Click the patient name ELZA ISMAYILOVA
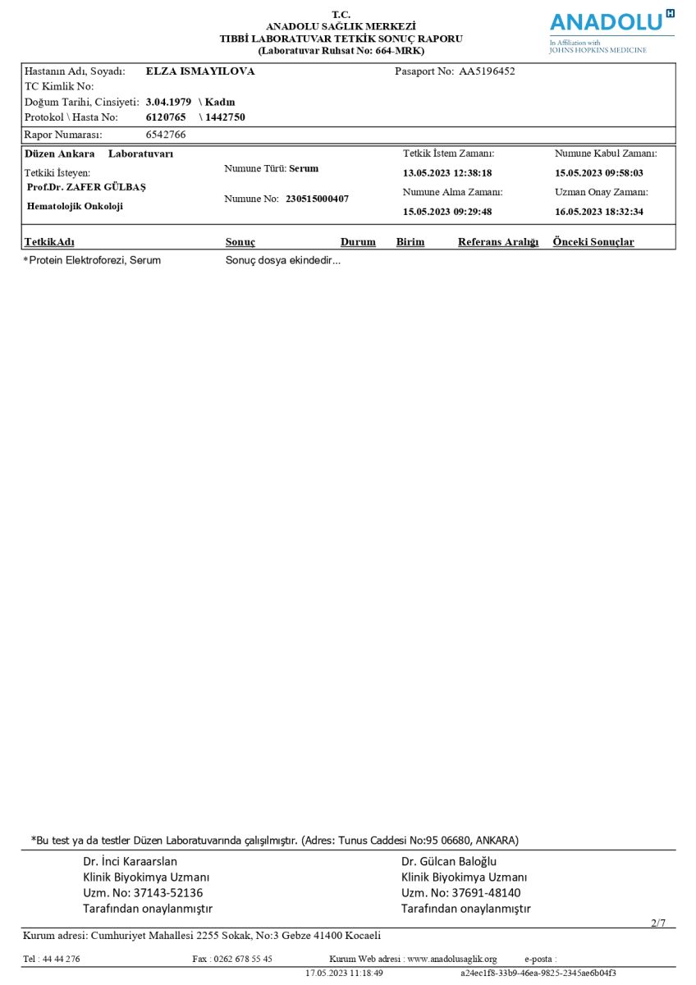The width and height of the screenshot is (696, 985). pyautogui.click(x=200, y=71)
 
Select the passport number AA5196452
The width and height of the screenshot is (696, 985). pyautogui.click(x=487, y=71)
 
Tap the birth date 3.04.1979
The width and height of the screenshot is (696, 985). pyautogui.click(x=168, y=102)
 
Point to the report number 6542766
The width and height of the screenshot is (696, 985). pyautogui.click(x=166, y=135)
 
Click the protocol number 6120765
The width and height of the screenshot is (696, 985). pyautogui.click(x=166, y=117)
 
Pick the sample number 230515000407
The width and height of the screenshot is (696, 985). pyautogui.click(x=317, y=199)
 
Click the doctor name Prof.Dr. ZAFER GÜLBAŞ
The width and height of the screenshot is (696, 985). pyautogui.click(x=86, y=187)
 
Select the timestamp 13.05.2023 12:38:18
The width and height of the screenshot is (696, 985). pyautogui.click(x=447, y=173)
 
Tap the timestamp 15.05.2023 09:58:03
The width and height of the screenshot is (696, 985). pyautogui.click(x=599, y=173)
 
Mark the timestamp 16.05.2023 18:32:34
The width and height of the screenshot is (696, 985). pyautogui.click(x=599, y=212)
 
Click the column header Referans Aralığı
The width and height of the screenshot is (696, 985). pyautogui.click(x=498, y=242)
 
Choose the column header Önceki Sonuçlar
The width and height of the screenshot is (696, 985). pyautogui.click(x=593, y=242)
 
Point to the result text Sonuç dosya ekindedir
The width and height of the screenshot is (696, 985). pyautogui.click(x=282, y=260)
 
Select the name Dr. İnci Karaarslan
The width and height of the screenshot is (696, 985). pyautogui.click(x=130, y=862)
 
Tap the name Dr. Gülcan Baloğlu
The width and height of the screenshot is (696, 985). pyautogui.click(x=449, y=862)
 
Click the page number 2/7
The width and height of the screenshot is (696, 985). pyautogui.click(x=658, y=923)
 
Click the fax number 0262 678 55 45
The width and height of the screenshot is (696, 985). pyautogui.click(x=243, y=959)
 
